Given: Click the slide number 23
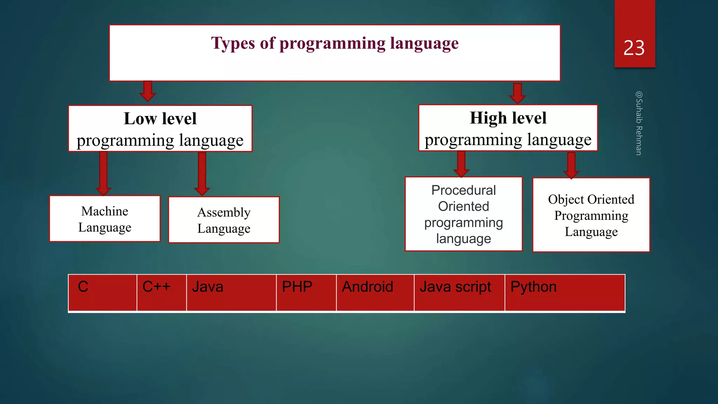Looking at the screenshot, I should click(x=634, y=48).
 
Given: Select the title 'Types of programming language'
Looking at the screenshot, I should click(x=334, y=43).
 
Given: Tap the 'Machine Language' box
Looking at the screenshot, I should click(x=105, y=219).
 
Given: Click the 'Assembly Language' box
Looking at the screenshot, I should click(x=224, y=220).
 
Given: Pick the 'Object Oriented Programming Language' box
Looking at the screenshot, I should click(x=591, y=215).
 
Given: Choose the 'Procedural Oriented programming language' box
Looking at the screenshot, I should click(x=463, y=214).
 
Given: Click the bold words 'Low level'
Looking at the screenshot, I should click(x=160, y=119).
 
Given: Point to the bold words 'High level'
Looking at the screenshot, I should click(x=508, y=118).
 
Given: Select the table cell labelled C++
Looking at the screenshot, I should click(x=161, y=292).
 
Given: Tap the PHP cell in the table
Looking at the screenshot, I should click(x=306, y=292).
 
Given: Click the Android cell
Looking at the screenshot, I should click(x=375, y=292).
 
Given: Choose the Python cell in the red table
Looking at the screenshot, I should click(x=564, y=292).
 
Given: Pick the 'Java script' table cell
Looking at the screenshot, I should click(x=459, y=292).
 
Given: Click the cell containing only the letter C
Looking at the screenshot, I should click(x=102, y=292).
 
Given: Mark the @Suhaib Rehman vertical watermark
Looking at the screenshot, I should click(x=639, y=123).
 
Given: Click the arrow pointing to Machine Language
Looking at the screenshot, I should click(x=103, y=174).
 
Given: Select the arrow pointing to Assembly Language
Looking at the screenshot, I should click(x=202, y=174).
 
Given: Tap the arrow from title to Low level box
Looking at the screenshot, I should click(x=148, y=91).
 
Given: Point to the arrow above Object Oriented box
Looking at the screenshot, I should click(x=571, y=165).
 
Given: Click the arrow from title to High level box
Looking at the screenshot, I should click(x=517, y=93).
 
